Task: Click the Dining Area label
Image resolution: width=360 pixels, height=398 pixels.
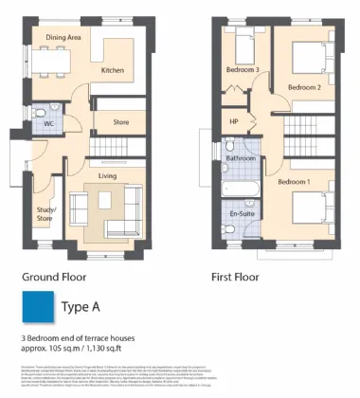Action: [63, 38]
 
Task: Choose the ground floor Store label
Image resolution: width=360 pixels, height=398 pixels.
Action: [120, 122]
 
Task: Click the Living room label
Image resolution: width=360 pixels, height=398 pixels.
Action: [107, 174]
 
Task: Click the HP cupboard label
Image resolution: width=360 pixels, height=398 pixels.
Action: [234, 121]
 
